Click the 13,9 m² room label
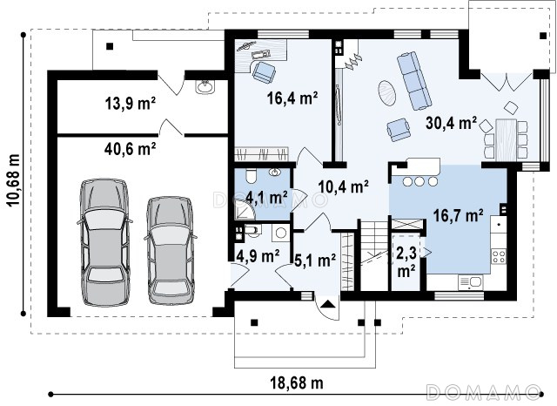pos(131,104)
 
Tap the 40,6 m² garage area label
pos(131,149)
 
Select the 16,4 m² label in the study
pos(292,98)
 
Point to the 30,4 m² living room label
pos(451,123)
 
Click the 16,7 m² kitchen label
pos(459,215)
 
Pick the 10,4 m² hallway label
pos(343,186)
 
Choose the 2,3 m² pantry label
pos(406,262)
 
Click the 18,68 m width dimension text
pos(297,383)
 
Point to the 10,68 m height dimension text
pos(14,180)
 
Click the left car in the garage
pos(104,242)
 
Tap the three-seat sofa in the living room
pos(414,81)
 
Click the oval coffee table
pos(386,93)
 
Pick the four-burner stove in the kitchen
pos(499,256)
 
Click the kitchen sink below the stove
pos(470,282)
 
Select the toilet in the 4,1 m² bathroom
pos(251,175)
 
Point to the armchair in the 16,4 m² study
pos(264,72)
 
